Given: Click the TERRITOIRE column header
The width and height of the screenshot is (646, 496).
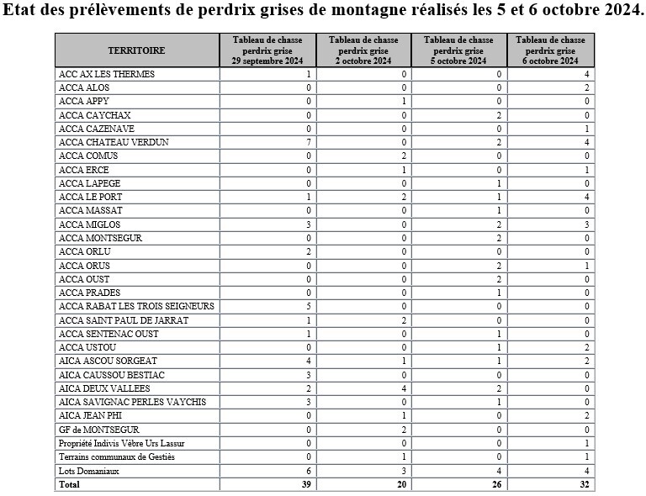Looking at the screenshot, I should coord(136,50).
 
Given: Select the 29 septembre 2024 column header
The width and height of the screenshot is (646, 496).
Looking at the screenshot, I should coord(268,50).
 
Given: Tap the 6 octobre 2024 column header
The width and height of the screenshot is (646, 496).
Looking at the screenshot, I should coord(550,50).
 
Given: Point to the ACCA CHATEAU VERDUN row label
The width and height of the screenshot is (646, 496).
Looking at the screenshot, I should coord(114,143).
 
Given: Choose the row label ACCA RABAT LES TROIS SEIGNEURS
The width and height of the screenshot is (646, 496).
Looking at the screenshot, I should coord(136,307).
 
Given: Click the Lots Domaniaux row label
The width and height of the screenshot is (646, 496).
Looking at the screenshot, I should coord(88,471).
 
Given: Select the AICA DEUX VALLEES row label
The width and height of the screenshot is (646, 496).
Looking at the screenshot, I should coord(104,388).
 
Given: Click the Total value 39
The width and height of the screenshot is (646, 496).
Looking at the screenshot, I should coord(307,485).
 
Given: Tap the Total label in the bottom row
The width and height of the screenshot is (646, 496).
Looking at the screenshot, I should coord(69,485).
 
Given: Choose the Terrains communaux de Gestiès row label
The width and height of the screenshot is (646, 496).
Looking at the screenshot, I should coord(116,457).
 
